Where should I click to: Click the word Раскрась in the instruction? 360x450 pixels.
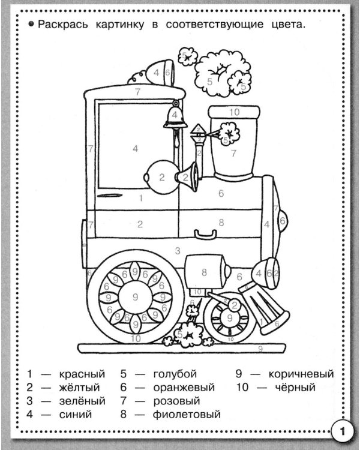pyautogui.click(x=62, y=25)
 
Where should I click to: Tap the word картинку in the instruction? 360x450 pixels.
pyautogui.click(x=120, y=25)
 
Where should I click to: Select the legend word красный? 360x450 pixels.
pyautogui.click(x=82, y=374)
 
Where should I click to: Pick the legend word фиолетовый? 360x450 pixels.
pyautogui.click(x=187, y=415)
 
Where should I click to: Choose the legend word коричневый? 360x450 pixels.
pyautogui.click(x=301, y=374)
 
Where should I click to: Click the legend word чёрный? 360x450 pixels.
pyautogui.click(x=295, y=388)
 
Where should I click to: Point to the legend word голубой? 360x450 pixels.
pyautogui.click(x=175, y=374)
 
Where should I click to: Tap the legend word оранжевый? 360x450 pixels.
pyautogui.click(x=184, y=388)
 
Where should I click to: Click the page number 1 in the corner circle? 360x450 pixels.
pyautogui.click(x=342, y=431)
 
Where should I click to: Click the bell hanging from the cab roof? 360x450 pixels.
pyautogui.click(x=175, y=116)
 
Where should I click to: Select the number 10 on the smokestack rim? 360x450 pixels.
pyautogui.click(x=234, y=112)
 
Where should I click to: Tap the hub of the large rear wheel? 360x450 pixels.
pyautogui.click(x=135, y=297)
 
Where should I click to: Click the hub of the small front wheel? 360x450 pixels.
pyautogui.click(x=230, y=317)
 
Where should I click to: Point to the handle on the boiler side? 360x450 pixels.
pyautogui.click(x=205, y=234)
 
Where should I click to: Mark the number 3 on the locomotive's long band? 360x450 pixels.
pyautogui.click(x=178, y=251)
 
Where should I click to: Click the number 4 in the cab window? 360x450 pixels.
pyautogui.click(x=135, y=149)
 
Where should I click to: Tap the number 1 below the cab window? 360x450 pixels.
pyautogui.click(x=140, y=198)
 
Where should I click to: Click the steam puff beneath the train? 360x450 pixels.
pyautogui.click(x=188, y=334)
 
